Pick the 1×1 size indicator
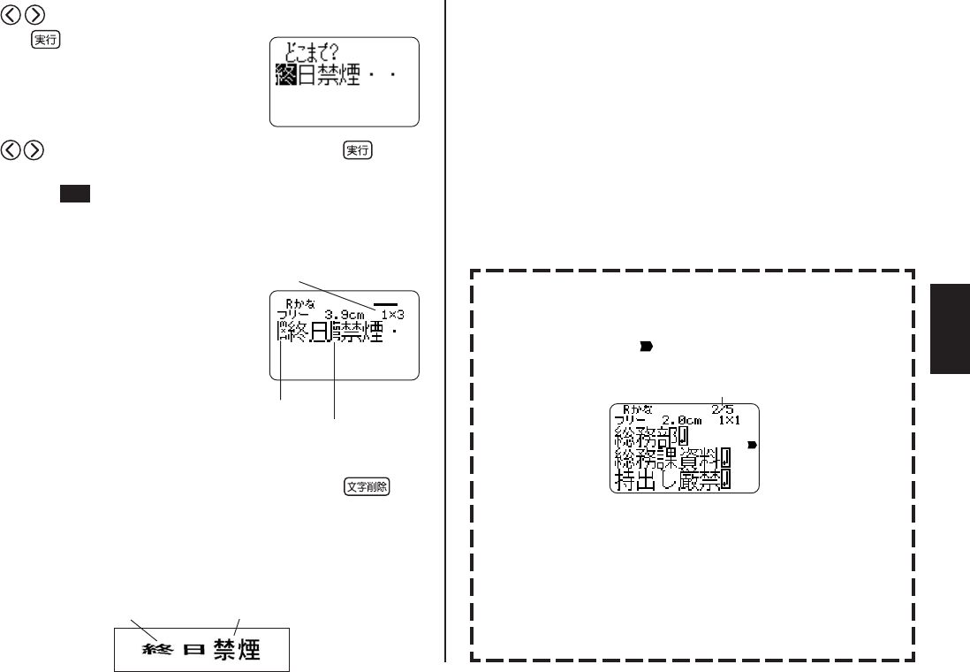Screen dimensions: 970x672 click(x=733, y=421)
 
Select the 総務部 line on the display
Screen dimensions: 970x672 click(x=651, y=437)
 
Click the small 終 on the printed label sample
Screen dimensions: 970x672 click(x=157, y=651)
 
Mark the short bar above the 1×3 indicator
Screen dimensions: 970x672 click(x=385, y=302)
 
